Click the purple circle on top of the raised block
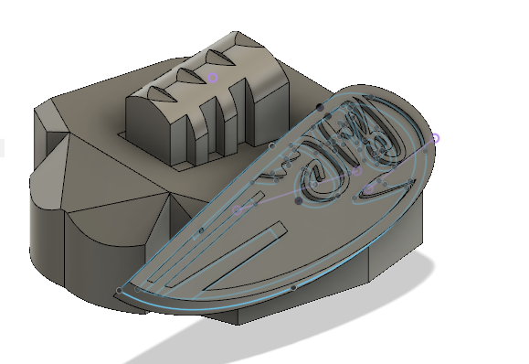(213, 79)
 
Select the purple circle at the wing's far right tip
(435, 139)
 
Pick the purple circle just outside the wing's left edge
(238, 209)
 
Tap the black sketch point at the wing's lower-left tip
(120, 291)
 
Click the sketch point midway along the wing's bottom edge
(292, 288)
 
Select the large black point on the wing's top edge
(320, 107)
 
